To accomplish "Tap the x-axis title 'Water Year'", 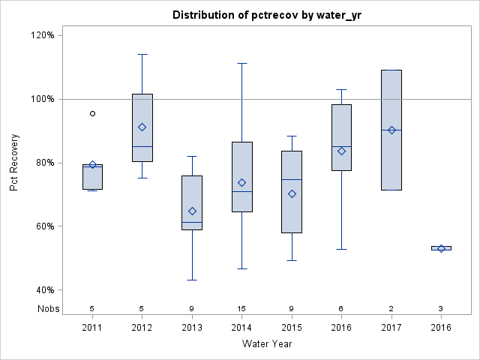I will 266,344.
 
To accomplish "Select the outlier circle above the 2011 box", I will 92,113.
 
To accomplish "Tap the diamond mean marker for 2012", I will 142,127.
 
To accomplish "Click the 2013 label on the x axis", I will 192,327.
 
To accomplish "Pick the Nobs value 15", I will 241,308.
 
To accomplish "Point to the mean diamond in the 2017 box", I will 391,130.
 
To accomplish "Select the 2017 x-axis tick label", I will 391,327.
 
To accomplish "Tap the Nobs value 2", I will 391,308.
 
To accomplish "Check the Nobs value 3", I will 441,308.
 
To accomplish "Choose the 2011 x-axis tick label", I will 92,327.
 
